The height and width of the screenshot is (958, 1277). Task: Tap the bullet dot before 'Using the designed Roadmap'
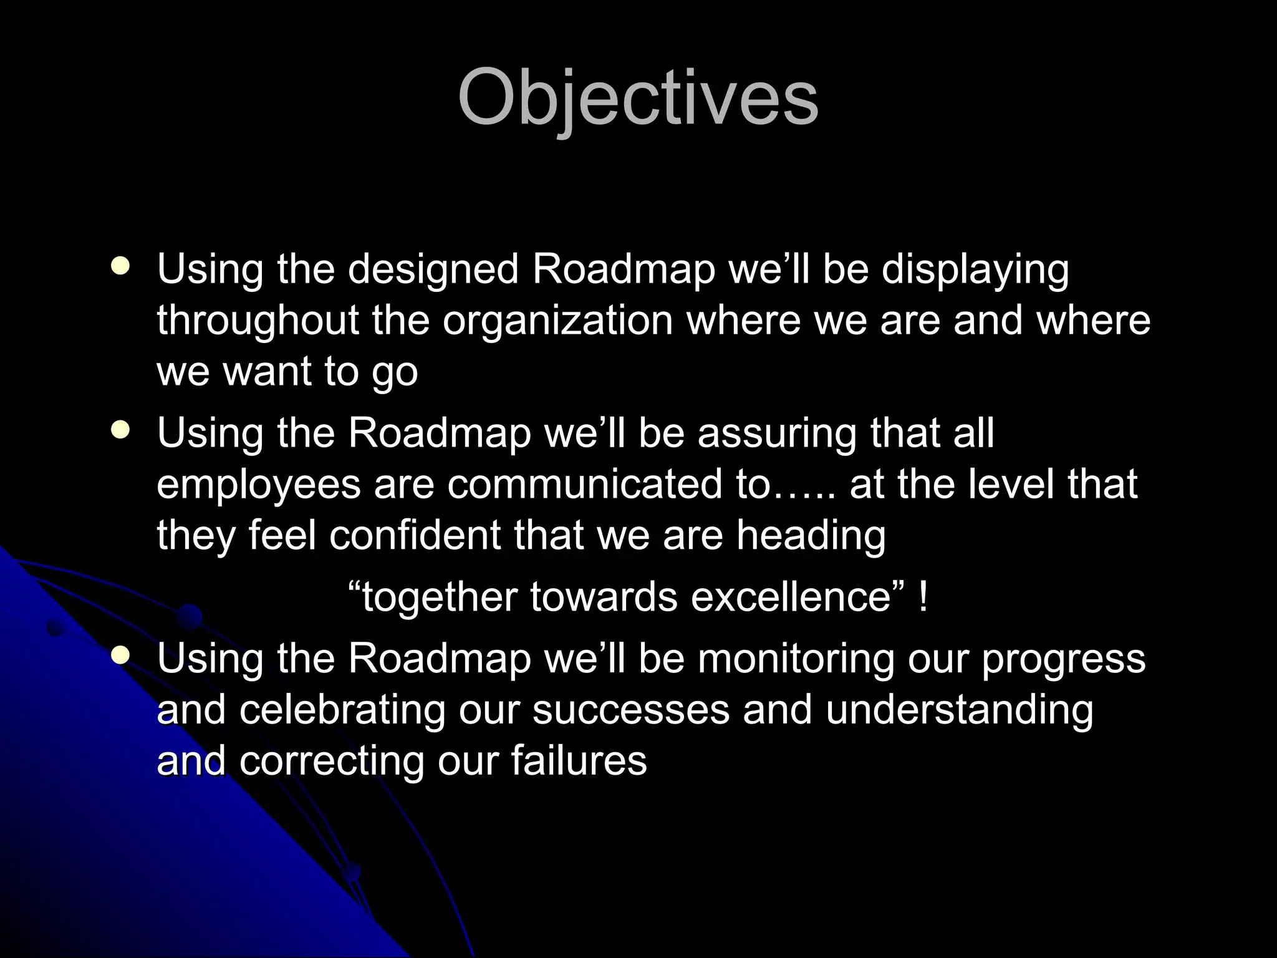click(x=120, y=266)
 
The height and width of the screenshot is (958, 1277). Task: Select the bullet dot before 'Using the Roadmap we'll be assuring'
click(x=120, y=430)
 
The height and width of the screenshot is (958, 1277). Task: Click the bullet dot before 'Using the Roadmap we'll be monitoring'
click(x=120, y=656)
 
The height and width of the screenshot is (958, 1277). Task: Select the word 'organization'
click(x=558, y=321)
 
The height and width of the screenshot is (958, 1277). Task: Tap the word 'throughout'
click(x=258, y=322)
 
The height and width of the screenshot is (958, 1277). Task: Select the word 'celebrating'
click(x=342, y=710)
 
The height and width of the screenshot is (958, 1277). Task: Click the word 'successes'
click(x=630, y=711)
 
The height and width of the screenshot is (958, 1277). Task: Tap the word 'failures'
click(x=579, y=761)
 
